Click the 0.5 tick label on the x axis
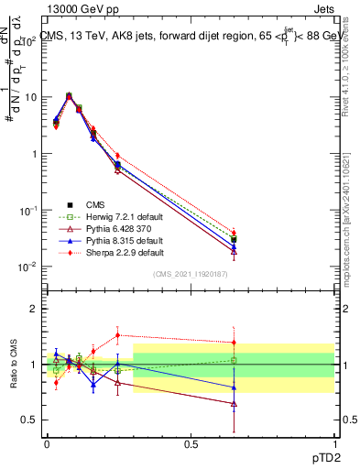(191, 443)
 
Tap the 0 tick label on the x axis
(47, 443)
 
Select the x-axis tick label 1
(334, 443)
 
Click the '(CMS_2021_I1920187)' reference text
(191, 274)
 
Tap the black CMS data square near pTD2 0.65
(234, 240)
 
